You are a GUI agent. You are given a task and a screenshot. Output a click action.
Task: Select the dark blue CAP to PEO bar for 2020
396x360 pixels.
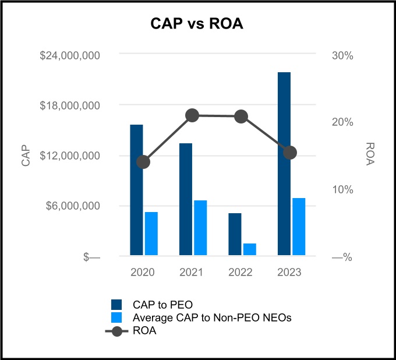click(136, 189)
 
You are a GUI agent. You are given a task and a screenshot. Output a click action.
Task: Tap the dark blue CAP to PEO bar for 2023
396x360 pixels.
click(284, 164)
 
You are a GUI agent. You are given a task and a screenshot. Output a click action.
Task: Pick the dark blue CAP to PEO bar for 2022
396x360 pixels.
click(235, 234)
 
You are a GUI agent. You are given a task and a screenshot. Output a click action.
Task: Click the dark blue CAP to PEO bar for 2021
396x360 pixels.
click(186, 199)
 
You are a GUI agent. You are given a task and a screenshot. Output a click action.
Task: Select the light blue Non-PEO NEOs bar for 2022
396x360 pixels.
click(250, 249)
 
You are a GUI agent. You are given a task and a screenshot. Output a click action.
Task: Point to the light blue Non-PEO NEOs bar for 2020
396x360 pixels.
click(151, 233)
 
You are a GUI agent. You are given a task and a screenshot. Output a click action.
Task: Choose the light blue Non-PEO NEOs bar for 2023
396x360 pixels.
click(299, 226)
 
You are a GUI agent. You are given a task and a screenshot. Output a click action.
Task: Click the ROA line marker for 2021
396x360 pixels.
click(193, 115)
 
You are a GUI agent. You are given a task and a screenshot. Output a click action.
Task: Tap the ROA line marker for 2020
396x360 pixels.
click(143, 161)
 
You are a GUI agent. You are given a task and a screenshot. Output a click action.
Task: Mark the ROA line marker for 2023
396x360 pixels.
click(291, 153)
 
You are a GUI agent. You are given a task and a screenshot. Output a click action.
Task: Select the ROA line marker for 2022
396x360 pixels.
click(242, 117)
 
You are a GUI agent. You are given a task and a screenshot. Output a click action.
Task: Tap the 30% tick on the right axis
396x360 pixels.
click(342, 55)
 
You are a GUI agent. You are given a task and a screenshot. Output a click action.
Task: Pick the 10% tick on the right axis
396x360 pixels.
click(342, 189)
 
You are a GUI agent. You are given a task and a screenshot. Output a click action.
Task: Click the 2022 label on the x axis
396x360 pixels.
click(241, 272)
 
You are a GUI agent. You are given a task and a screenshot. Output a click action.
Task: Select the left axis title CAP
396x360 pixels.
click(26, 156)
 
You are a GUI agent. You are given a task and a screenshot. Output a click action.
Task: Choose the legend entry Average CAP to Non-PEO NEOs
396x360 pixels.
click(211, 318)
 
